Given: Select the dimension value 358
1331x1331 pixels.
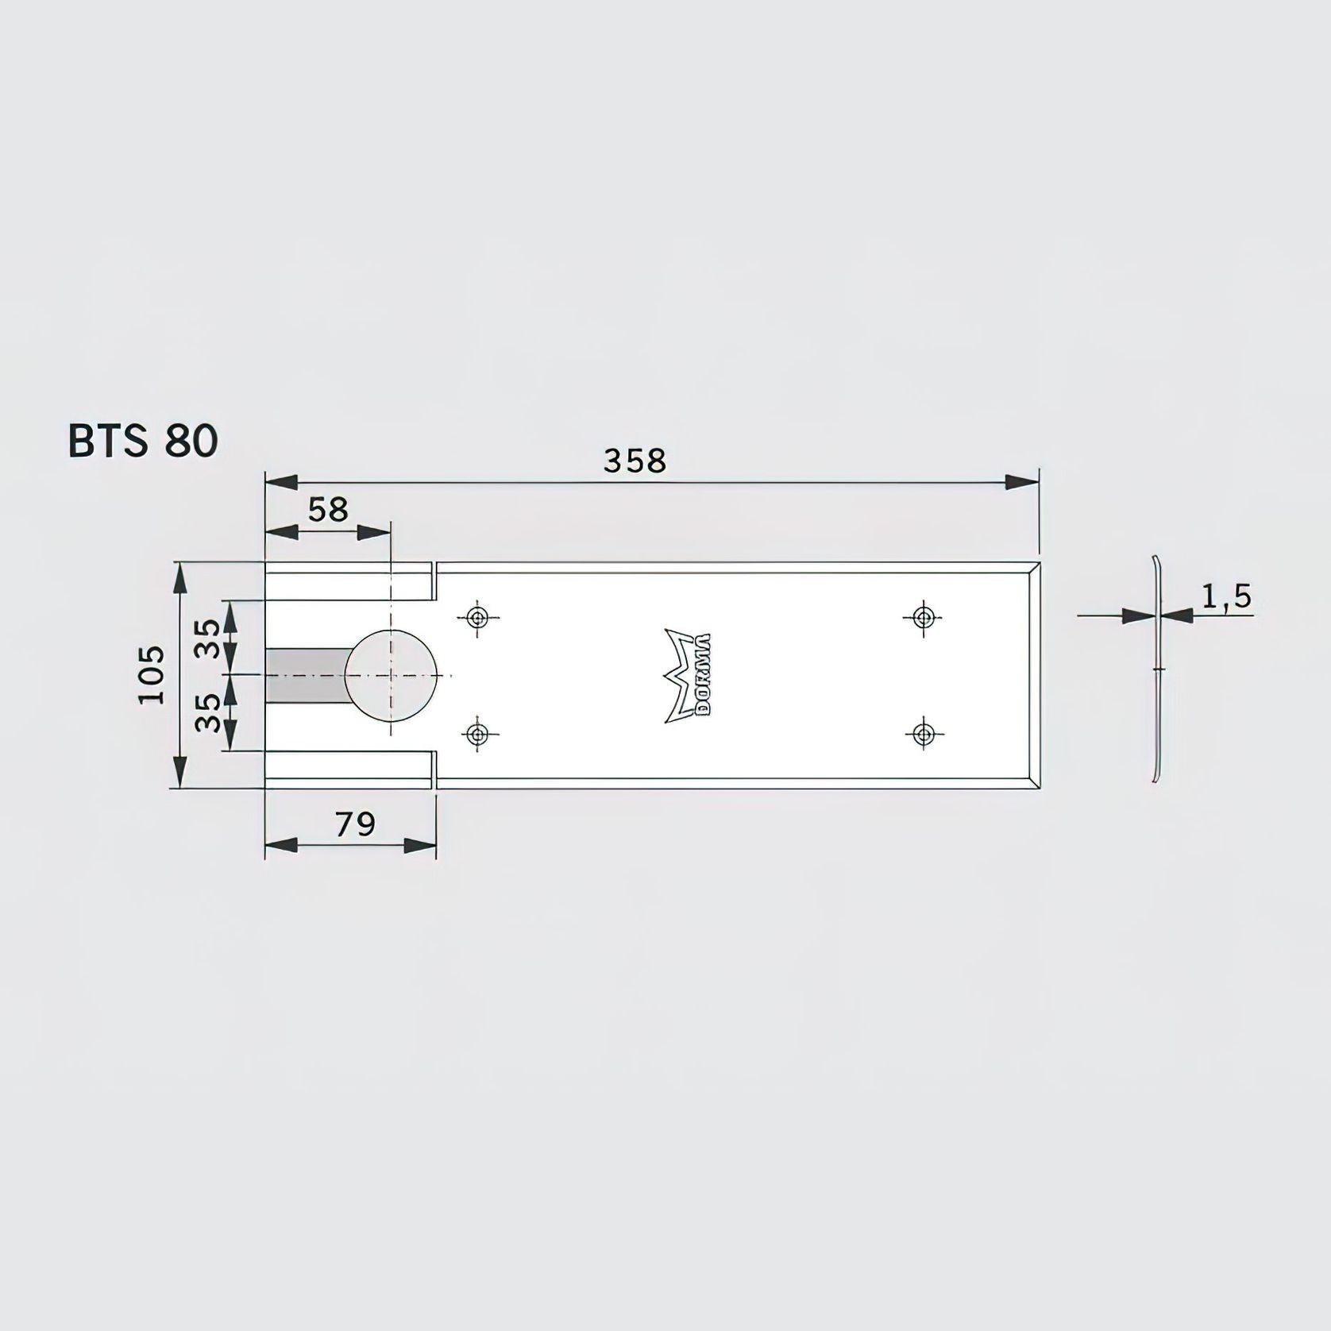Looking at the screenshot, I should [634, 461].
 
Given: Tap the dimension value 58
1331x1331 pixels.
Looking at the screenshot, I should [328, 510].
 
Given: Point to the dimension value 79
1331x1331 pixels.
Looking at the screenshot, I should [354, 825].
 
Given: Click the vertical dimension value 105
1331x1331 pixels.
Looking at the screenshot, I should [152, 674].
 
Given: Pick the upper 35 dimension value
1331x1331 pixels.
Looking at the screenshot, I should [209, 638].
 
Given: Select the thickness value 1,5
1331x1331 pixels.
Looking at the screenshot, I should [1225, 596].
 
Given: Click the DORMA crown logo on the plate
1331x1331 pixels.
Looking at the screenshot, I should [688, 675].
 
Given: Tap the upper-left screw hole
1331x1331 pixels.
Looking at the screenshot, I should [477, 617].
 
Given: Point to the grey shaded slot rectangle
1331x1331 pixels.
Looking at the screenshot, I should [304, 675].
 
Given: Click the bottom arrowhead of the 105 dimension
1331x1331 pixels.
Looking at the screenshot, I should [181, 770].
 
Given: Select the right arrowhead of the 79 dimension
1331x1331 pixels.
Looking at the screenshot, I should [419, 846].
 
